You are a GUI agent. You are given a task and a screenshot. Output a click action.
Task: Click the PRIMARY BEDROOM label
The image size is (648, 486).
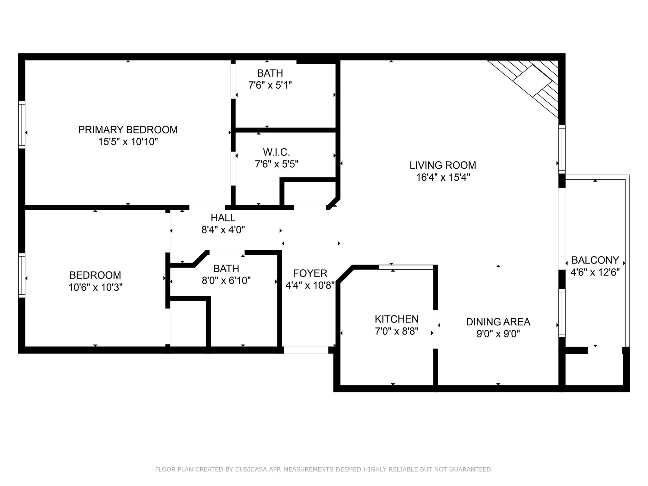point(128,130)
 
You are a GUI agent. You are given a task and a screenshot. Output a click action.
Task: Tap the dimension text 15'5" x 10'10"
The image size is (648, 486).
point(128,142)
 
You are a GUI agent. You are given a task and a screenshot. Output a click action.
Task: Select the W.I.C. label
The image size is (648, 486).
point(277,152)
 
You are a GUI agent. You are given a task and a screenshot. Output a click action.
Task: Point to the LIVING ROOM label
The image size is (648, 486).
point(443,165)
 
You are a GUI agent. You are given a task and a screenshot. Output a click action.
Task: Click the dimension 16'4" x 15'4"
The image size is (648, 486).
point(443,177)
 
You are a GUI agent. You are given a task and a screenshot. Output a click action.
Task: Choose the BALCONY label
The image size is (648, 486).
point(595,260)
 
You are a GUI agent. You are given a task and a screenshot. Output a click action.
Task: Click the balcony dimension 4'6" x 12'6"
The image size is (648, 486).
point(595,272)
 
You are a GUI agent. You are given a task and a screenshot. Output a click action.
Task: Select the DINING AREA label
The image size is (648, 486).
point(498,322)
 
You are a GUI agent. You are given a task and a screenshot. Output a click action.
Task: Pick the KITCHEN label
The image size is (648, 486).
point(396,319)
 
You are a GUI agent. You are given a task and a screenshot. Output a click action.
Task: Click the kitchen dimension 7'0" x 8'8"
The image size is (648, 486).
point(396,331)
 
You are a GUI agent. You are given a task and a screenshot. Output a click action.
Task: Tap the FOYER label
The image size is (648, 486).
point(310,273)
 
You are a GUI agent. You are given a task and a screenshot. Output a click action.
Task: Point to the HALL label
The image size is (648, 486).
point(223,218)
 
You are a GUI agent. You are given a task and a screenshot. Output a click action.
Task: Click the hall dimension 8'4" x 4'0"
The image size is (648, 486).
point(223,230)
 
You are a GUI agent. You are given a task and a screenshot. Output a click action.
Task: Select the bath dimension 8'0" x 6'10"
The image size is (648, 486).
point(226,281)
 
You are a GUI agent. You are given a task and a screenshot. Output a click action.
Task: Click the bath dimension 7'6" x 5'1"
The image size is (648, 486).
point(270,85)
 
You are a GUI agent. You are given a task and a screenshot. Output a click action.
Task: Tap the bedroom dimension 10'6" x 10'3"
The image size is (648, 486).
point(95,287)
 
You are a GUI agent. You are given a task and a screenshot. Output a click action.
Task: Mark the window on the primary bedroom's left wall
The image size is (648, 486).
point(22,125)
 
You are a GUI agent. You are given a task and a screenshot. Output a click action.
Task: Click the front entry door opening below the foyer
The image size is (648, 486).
point(306,350)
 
